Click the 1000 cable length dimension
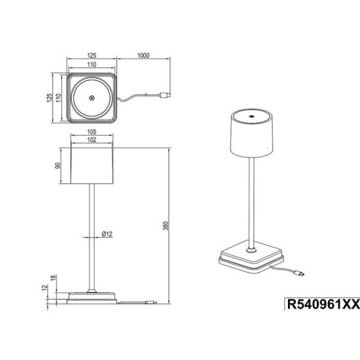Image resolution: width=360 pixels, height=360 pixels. point(142,55)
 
